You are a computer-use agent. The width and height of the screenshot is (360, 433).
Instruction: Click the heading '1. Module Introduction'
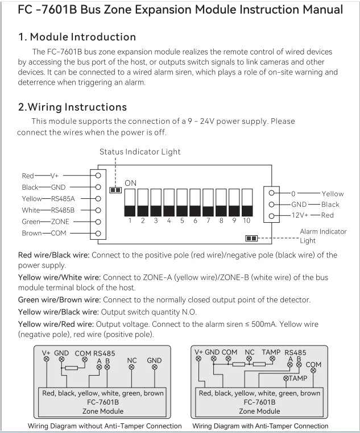click(77, 37)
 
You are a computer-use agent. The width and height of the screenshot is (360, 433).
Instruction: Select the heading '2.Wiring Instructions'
click(72, 107)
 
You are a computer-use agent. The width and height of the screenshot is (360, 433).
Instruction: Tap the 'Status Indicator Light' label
click(140, 152)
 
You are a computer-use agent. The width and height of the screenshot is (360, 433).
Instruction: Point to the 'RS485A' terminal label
click(63, 198)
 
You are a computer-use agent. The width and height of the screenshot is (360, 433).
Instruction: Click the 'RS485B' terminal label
click(63, 210)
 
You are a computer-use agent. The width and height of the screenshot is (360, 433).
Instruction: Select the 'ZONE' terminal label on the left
click(60, 222)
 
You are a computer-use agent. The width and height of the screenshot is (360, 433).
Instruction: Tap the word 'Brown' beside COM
click(32, 234)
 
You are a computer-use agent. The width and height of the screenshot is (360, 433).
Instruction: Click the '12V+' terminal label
click(300, 215)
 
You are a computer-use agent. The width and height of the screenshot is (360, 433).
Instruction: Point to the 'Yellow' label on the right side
click(333, 194)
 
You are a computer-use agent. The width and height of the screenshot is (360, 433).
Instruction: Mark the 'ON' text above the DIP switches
click(131, 183)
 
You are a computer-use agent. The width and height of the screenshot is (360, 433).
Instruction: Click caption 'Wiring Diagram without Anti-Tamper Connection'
click(105, 426)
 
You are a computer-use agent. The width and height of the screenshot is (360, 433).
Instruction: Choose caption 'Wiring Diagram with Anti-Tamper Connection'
click(260, 426)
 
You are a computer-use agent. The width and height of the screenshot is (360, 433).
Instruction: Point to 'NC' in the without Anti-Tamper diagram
click(132, 360)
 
